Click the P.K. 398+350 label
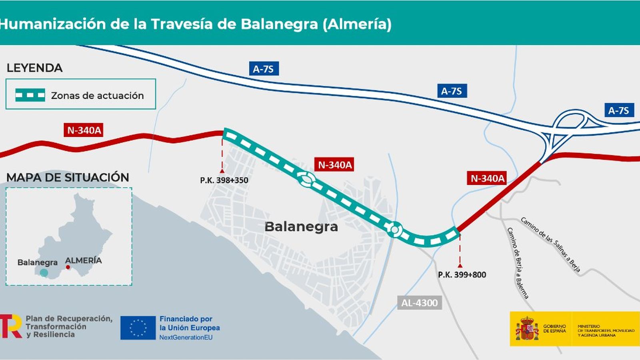point(224,180)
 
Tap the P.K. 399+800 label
point(462,275)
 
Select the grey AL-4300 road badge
point(420,303)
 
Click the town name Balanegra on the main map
point(301,227)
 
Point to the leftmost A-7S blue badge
point(263,69)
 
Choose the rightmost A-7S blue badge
point(618,110)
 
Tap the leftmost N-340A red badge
point(84,130)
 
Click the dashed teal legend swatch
point(30,95)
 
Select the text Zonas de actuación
point(97,96)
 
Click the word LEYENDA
point(35,68)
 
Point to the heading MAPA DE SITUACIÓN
point(68,178)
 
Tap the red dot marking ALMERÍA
point(68,267)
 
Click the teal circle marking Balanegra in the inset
point(44,273)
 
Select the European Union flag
point(138,328)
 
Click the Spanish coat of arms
point(527,329)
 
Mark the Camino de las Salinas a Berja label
point(550,244)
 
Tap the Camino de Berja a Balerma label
point(518,263)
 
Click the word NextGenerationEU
point(186,338)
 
